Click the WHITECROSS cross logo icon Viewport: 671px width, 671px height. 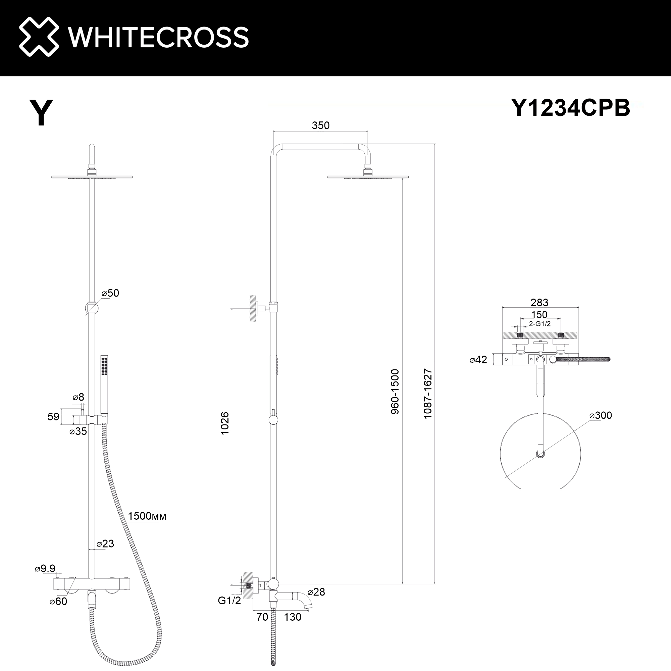pos(39,37)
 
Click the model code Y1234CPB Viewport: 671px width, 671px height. pos(570,108)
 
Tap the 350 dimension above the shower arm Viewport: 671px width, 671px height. pos(320,125)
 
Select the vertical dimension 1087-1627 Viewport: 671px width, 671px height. pos(427,394)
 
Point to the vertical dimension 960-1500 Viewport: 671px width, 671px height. pos(395,392)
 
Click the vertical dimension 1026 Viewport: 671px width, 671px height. pos(225,423)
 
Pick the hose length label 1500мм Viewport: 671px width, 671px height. pos(147,516)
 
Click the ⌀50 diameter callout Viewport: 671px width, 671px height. pos(110,293)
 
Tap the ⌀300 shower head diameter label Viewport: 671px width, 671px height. pos(601,415)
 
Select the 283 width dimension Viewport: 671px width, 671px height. pos(539,303)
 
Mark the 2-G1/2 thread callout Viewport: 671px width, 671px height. pos(540,324)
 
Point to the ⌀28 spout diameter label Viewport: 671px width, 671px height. pos(316,592)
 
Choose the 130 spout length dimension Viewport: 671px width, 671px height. pos(293,617)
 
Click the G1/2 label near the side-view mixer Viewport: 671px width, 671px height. pos(229,601)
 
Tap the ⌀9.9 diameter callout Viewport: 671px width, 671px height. pos(45,569)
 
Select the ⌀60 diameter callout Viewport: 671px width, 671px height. pos(58,602)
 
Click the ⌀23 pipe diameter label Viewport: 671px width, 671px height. pos(105,544)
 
